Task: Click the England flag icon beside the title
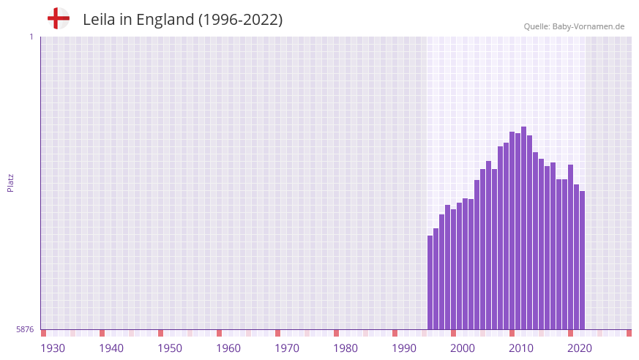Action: click(59, 19)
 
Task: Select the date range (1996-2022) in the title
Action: click(240, 20)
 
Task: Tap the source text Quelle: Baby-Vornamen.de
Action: click(574, 26)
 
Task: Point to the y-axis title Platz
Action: click(10, 183)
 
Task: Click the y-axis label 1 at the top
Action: click(31, 37)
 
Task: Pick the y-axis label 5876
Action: click(25, 330)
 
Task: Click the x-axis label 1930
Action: click(53, 348)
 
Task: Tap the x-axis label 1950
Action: click(170, 348)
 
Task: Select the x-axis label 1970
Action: click(287, 348)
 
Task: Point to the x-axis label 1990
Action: click(404, 348)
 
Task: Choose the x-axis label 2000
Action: click(463, 348)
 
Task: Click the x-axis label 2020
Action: click(580, 348)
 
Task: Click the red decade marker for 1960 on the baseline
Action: click(219, 333)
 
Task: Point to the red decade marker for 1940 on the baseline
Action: click(102, 333)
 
